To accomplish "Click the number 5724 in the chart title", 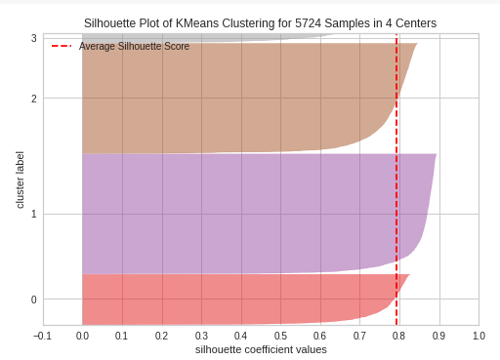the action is (308, 23).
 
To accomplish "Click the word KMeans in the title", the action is (197, 23).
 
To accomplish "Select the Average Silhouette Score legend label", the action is (134, 46).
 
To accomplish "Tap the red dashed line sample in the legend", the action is (62, 46).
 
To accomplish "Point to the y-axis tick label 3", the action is (34, 38).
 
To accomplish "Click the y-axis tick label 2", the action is (34, 99).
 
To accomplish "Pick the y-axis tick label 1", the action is (34, 214).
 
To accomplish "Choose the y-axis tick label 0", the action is (34, 300).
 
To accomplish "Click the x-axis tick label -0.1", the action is (43, 336).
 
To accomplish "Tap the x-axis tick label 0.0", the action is (82, 336).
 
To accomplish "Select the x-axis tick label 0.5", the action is (280, 336).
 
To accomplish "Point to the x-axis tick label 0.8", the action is (399, 336).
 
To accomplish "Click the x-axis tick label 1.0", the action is (479, 336).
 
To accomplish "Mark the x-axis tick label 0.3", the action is (201, 336).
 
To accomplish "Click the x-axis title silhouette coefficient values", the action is (261, 349).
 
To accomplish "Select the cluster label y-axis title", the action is (20, 180).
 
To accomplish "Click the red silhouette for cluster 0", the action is (228, 300).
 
